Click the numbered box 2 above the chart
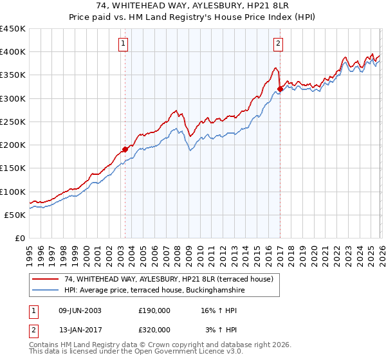pos(279,44)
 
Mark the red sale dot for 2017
pos(280,89)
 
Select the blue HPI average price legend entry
pos(154,291)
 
